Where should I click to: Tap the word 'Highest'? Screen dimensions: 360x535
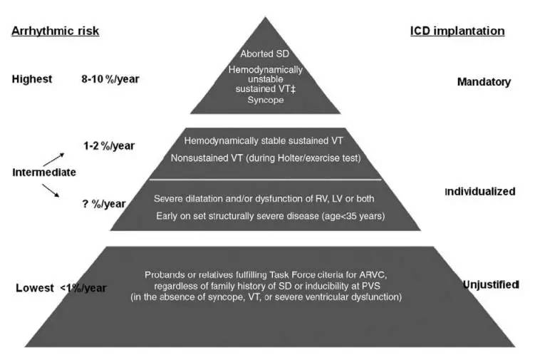click(x=32, y=79)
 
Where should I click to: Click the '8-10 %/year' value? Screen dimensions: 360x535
click(x=110, y=79)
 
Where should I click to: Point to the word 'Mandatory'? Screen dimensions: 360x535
click(x=484, y=82)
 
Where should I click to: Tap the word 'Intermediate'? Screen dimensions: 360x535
click(x=43, y=172)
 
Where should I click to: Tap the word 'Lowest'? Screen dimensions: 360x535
click(x=35, y=288)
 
